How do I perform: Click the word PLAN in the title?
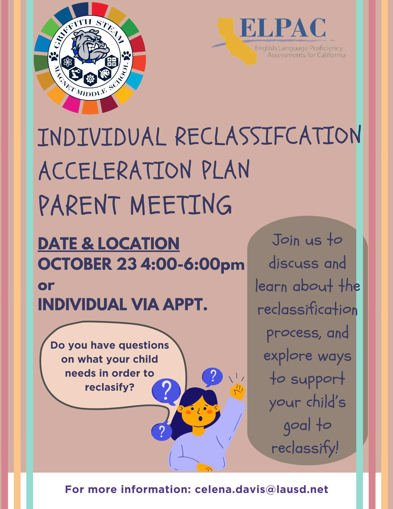point(226,170)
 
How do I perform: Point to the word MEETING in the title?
point(181,204)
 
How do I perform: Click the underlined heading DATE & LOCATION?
point(109,244)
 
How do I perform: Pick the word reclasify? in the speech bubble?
point(110,387)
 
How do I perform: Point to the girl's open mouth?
point(200,418)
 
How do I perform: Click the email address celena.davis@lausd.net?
point(261,489)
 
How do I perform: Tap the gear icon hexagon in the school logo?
point(90,79)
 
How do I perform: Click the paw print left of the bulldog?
point(54,56)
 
